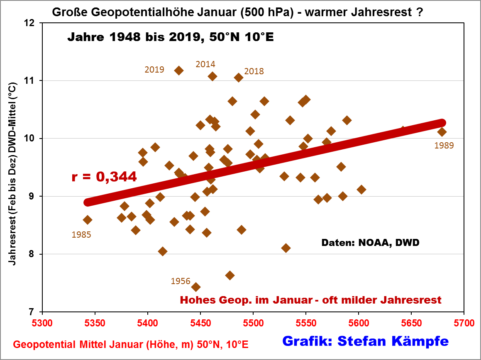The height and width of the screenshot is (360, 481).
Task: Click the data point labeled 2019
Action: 179,71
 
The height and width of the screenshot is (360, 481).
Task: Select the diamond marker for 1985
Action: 88,220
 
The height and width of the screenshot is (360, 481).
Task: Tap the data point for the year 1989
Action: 442,132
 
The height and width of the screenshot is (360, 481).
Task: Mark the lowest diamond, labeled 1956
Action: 196,287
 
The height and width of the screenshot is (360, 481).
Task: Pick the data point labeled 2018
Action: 239,77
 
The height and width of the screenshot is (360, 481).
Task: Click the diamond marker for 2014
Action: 212,76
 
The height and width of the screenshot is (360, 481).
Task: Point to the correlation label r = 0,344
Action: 104,177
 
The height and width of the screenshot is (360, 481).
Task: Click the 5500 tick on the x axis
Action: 253,322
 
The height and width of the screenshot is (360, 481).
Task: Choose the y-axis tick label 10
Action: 30,138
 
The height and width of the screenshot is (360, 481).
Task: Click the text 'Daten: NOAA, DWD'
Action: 370,243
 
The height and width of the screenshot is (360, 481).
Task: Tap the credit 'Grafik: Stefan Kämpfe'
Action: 365,341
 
